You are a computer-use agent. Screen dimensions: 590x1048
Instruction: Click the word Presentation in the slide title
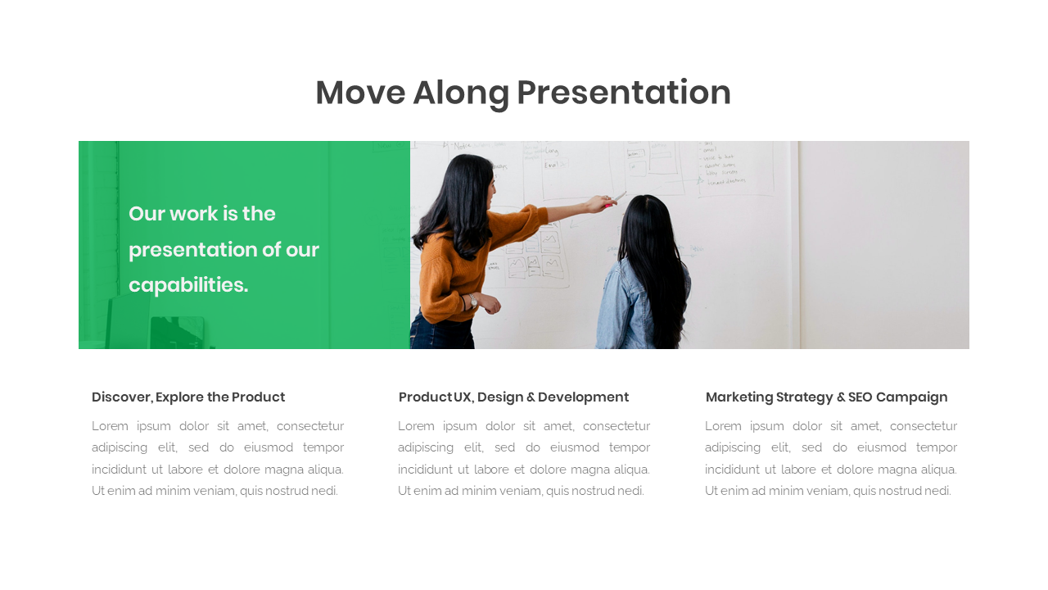click(x=623, y=93)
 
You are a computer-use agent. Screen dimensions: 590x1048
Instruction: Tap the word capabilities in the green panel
click(x=187, y=285)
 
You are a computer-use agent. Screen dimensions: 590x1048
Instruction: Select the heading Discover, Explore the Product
click(x=188, y=397)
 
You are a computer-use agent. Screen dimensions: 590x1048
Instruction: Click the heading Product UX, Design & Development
click(x=513, y=397)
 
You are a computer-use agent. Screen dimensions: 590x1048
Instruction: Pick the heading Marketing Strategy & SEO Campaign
click(x=826, y=397)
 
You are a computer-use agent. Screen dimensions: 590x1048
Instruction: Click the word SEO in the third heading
click(x=860, y=397)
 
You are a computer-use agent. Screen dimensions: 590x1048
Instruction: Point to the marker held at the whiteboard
click(x=620, y=197)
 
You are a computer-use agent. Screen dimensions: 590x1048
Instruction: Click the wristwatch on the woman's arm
click(x=473, y=300)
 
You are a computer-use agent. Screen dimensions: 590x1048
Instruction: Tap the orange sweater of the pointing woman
click(x=458, y=262)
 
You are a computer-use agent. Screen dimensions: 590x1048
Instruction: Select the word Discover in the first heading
click(x=121, y=397)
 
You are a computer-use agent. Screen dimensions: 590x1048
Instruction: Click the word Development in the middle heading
click(x=583, y=397)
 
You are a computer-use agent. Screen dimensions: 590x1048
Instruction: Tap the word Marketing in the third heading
click(x=739, y=397)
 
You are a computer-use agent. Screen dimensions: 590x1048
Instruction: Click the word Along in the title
click(x=461, y=93)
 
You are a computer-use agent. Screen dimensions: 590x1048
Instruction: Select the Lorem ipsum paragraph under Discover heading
click(x=217, y=459)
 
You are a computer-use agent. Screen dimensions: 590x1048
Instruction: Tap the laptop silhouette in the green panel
click(x=176, y=332)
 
